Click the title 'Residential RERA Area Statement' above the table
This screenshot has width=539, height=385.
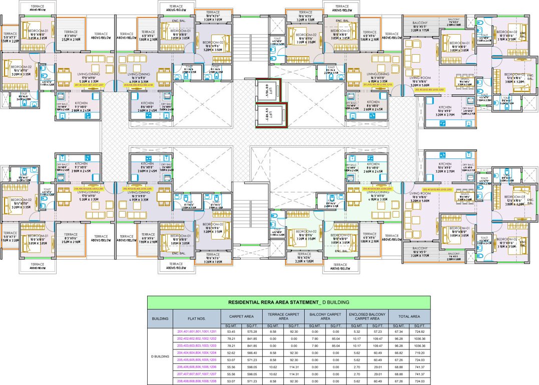tap(288, 302)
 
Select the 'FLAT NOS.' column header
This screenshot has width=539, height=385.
tap(196, 317)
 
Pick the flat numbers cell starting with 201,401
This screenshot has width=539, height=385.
tap(196, 332)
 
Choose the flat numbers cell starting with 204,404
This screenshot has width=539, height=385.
tap(196, 353)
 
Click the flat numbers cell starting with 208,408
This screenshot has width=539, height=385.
tap(196, 381)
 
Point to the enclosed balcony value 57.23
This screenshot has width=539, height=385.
tap(381, 332)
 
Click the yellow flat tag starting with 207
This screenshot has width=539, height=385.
tap(89, 85)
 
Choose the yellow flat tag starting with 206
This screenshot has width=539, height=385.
tap(89, 189)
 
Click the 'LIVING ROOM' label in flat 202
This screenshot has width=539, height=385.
tap(420, 78)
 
